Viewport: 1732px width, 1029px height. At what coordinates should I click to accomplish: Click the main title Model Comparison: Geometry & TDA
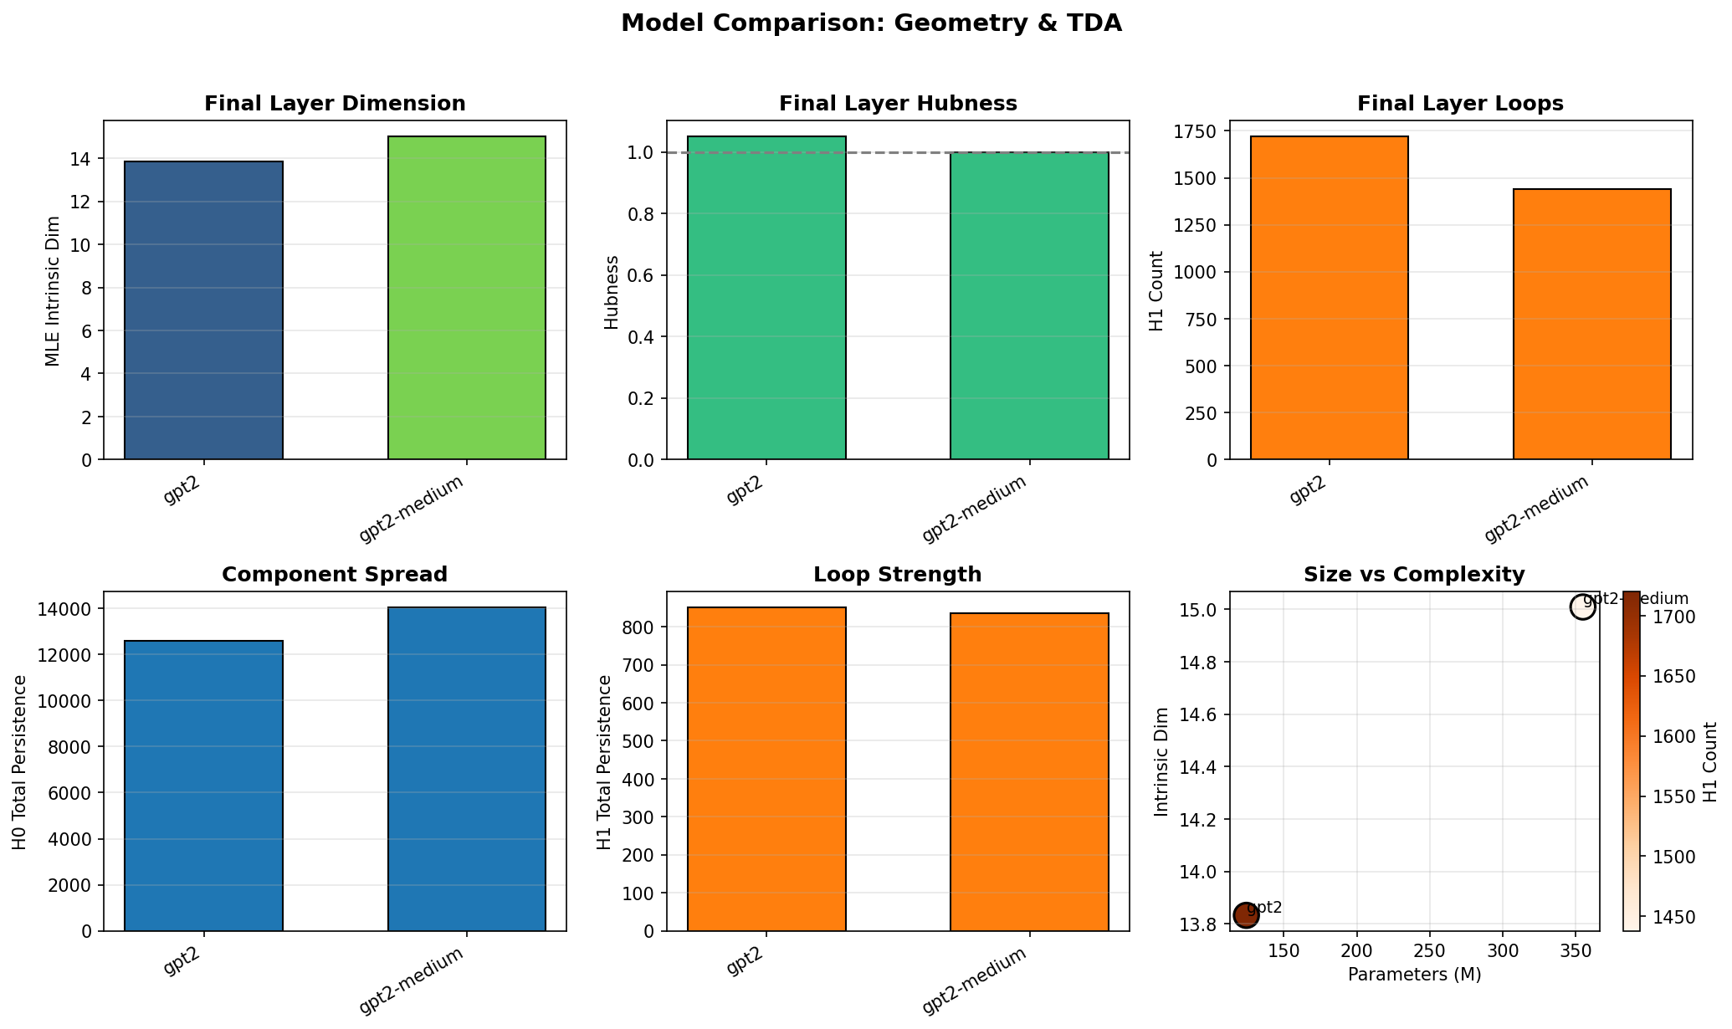click(870, 23)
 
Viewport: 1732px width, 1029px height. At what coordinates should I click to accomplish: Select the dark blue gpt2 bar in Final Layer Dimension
click(203, 310)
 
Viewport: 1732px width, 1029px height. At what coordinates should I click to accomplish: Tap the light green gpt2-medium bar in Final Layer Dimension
click(467, 298)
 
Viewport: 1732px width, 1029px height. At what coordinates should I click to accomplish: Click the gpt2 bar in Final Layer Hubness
click(766, 298)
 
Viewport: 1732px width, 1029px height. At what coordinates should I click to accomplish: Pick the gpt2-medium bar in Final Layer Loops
click(1592, 325)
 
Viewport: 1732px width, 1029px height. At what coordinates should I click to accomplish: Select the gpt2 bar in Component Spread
click(203, 786)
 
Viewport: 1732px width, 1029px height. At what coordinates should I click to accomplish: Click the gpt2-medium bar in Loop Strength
click(1029, 771)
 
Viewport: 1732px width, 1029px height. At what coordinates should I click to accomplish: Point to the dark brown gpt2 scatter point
click(1247, 915)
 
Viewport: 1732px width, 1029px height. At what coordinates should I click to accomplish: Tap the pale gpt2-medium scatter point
click(1582, 607)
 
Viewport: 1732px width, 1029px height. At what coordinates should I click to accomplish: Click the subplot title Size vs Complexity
click(1414, 575)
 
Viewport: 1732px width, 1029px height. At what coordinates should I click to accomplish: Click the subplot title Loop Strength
click(897, 575)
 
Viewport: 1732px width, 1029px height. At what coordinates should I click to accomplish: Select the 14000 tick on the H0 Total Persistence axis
click(69, 608)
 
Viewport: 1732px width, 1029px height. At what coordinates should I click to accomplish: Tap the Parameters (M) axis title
click(1414, 975)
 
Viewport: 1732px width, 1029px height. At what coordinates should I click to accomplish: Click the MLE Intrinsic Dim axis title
click(53, 290)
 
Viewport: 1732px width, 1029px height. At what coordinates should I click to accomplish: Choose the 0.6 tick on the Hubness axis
click(644, 276)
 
